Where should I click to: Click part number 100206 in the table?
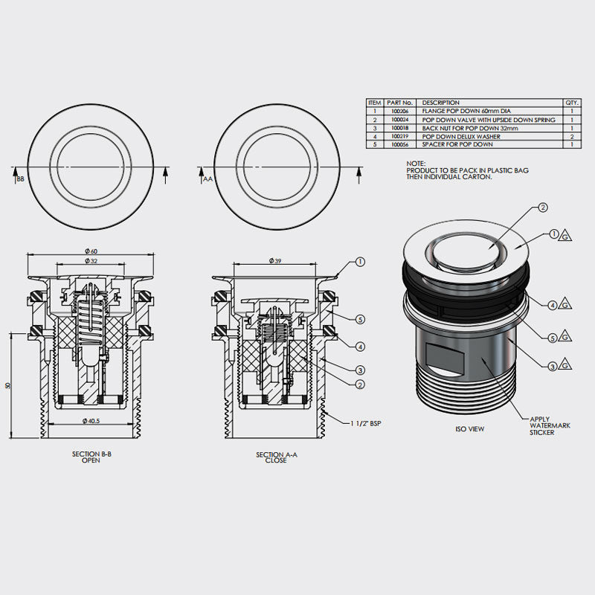399,111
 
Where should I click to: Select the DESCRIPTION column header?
441,103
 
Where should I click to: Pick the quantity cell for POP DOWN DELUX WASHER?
572,137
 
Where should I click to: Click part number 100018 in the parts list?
399,128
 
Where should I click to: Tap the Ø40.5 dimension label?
93,422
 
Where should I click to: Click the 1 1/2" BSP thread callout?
368,424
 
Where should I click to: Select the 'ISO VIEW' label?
470,429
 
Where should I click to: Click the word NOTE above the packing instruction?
415,162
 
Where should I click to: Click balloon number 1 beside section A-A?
360,262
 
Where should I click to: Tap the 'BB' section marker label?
20,179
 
